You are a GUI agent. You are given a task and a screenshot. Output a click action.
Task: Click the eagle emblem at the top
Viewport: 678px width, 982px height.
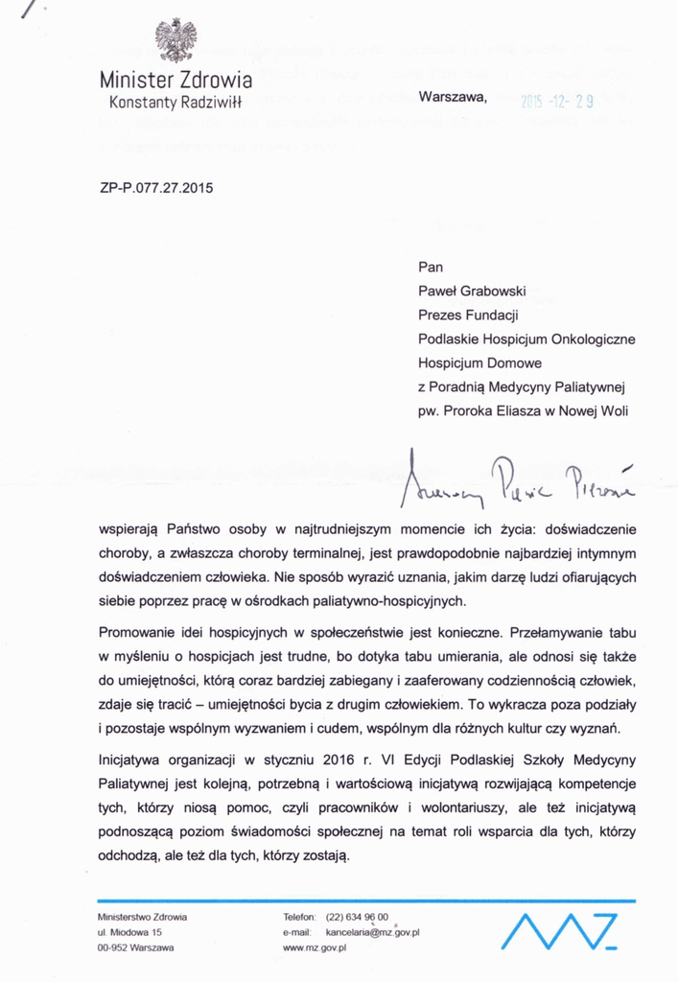(175, 41)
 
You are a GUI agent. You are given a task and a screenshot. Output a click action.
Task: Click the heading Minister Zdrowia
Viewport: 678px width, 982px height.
(176, 79)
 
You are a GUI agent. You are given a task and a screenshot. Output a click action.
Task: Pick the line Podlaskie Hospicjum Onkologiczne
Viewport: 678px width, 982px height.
(526, 339)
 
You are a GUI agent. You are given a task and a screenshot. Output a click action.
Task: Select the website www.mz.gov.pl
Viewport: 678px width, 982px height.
(315, 947)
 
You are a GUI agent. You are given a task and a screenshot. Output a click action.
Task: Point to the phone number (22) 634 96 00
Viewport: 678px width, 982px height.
(358, 916)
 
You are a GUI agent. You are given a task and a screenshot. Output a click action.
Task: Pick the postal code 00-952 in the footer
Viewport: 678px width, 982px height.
(115, 947)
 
